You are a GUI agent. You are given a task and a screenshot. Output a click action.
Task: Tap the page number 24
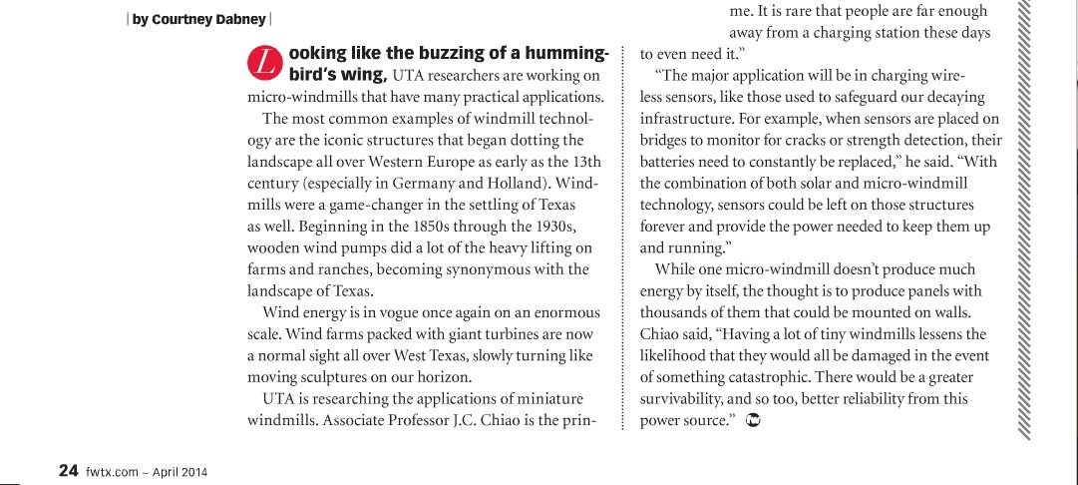click(x=68, y=471)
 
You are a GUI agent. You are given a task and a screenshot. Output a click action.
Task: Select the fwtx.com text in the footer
click(x=112, y=472)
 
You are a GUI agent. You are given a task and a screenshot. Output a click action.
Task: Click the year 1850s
click(x=422, y=227)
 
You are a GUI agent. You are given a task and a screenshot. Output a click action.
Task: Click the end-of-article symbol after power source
click(x=754, y=421)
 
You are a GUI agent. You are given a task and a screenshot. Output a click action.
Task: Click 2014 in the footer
click(x=189, y=472)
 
